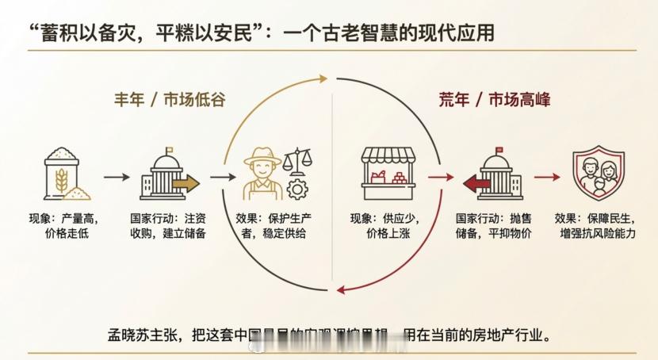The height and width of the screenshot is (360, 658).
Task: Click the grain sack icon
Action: pyautogui.click(x=66, y=173)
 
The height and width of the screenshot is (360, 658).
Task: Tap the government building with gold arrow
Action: pyautogui.click(x=166, y=175)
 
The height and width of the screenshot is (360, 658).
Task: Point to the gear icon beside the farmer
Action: pyautogui.click(x=296, y=189)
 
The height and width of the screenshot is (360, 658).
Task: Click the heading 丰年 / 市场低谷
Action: pyautogui.click(x=169, y=100)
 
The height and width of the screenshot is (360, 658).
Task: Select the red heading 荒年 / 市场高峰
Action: pyautogui.click(x=495, y=100)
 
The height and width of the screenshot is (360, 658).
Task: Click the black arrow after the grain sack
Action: pyautogui.click(x=115, y=177)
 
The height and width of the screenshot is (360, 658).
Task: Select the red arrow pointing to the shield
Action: pyautogui.click(x=546, y=177)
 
